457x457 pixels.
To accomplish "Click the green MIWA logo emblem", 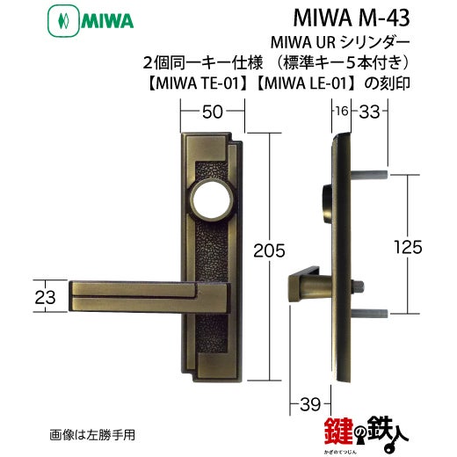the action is [x=63, y=21].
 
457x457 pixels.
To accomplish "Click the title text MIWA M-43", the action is [x=351, y=18].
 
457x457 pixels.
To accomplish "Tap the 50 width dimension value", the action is [x=213, y=112].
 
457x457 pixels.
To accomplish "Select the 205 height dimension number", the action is [x=269, y=250].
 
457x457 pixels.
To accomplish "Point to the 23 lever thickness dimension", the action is [x=45, y=297].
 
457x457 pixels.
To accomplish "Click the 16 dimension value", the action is [x=341, y=111].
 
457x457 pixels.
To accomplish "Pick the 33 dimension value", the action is [x=369, y=112].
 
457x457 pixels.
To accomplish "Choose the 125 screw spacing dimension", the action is [x=408, y=247].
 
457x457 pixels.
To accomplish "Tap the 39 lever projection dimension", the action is [x=310, y=404].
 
